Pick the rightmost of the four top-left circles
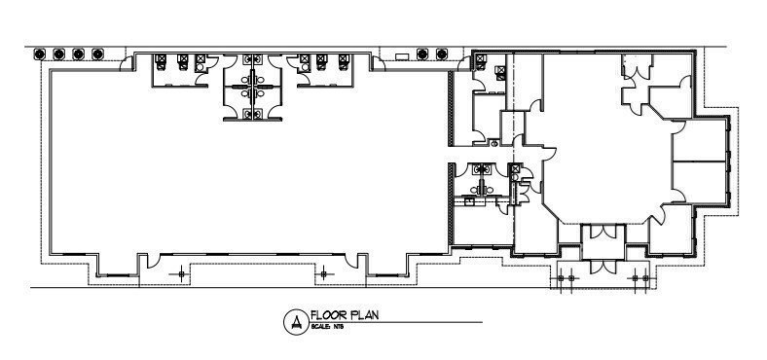(x=99, y=54)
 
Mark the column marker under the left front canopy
(x=178, y=276)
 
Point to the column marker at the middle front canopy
(x=319, y=276)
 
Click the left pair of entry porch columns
(x=562, y=278)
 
